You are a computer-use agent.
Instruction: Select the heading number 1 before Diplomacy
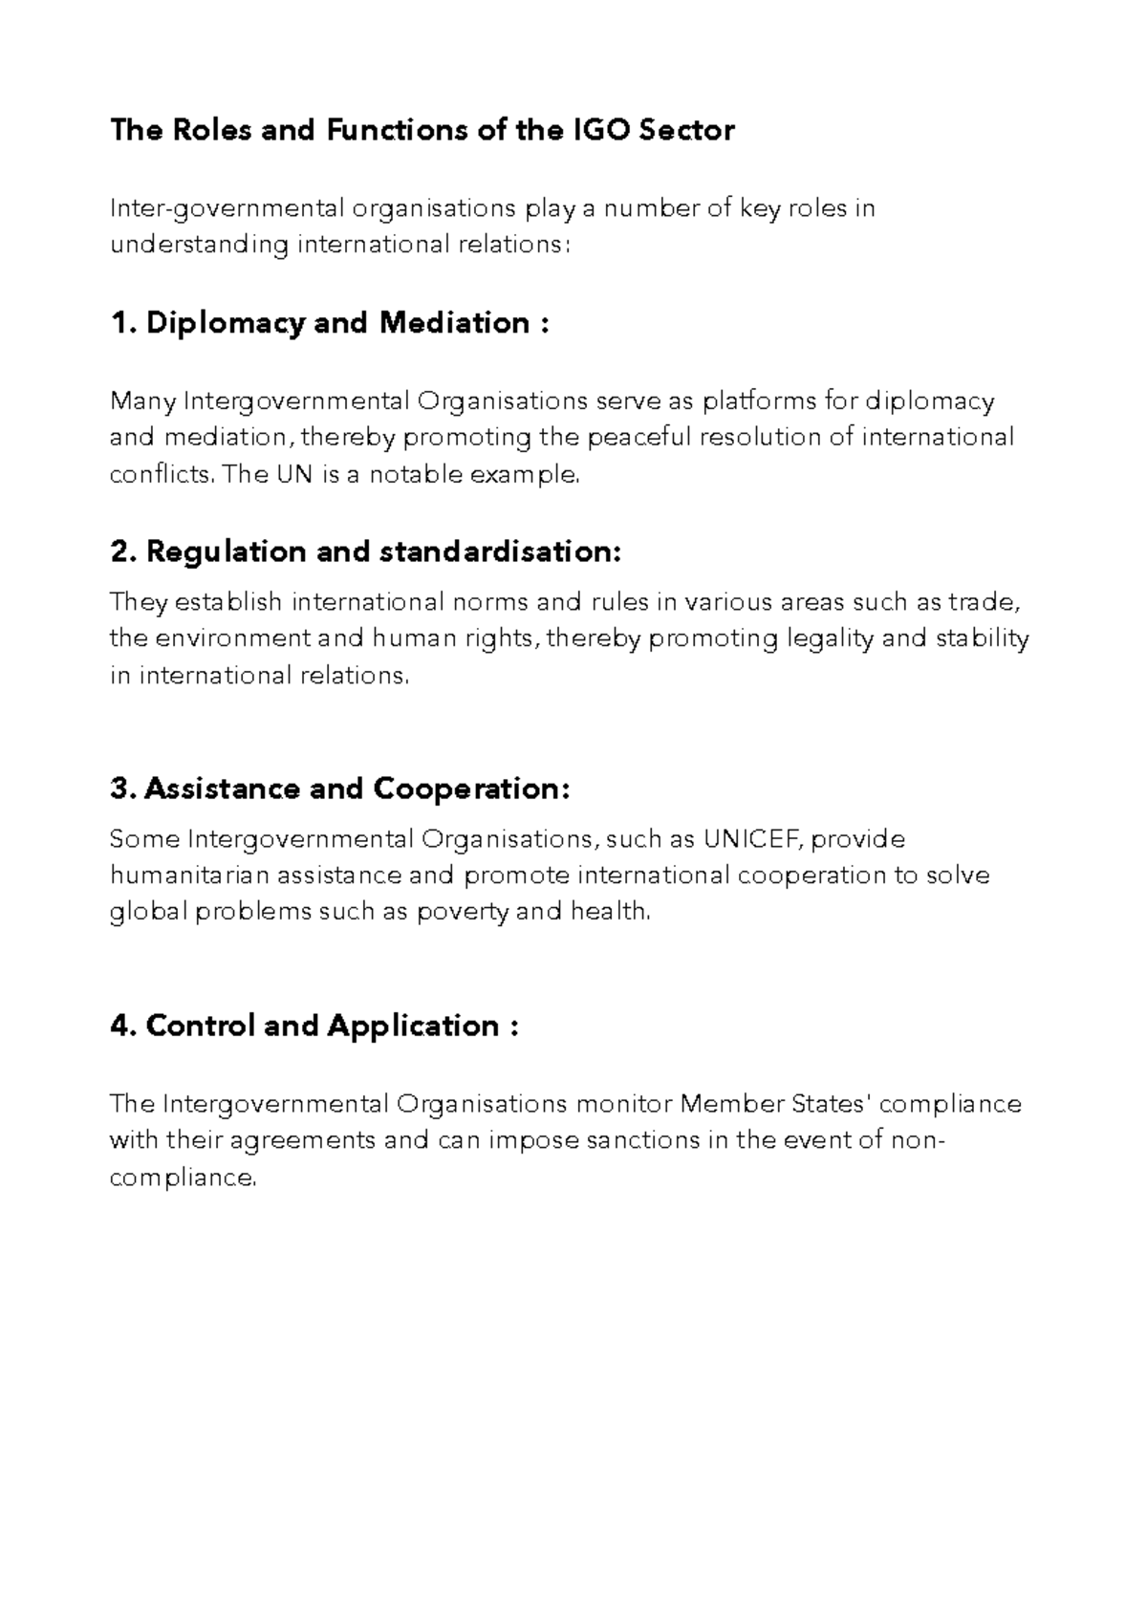coord(119,323)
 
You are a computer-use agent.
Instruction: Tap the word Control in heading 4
coord(200,1026)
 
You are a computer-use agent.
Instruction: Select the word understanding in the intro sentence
coord(199,245)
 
